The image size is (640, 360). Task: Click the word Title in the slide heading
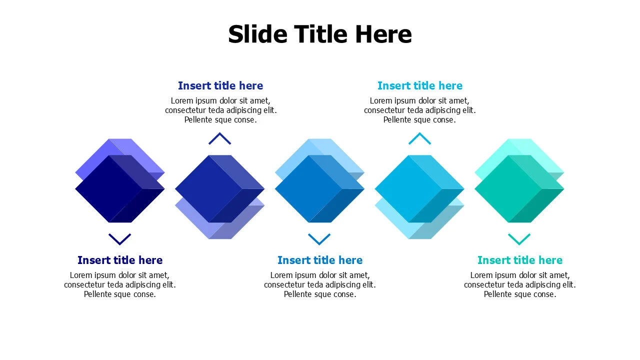(320, 34)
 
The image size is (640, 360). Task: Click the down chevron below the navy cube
(119, 238)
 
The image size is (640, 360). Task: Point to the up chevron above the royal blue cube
(219, 139)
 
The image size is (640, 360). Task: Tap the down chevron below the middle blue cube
(319, 238)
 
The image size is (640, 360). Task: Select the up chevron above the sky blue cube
(419, 139)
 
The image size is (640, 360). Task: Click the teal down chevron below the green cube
(519, 238)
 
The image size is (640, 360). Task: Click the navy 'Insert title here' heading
(120, 260)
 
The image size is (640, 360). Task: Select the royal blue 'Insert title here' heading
(220, 85)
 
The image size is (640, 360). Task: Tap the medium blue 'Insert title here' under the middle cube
(320, 260)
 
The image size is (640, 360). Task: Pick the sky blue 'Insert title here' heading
(420, 85)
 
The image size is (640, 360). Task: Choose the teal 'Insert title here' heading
(520, 260)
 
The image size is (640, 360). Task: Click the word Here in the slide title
(383, 34)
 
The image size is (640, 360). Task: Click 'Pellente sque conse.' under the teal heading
(520, 294)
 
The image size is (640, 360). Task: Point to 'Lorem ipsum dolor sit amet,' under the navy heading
(120, 275)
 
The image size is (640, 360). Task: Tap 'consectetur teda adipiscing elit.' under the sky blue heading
(420, 110)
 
